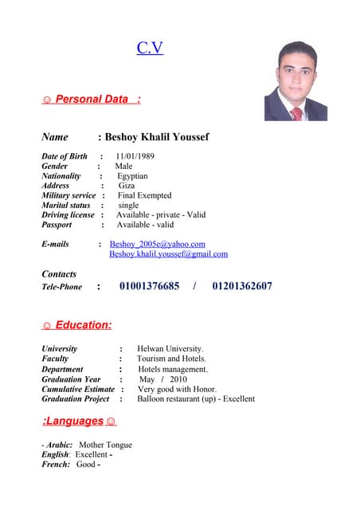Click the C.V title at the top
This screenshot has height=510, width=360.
[x=150, y=48]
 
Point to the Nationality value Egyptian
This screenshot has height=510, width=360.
[x=132, y=176]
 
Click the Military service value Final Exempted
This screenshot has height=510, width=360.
[x=144, y=195]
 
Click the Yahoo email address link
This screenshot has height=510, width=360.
[x=158, y=244]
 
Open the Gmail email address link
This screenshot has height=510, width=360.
[x=168, y=254]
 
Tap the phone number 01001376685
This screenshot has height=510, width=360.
[x=149, y=286]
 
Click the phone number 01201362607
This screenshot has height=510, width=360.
[x=242, y=286]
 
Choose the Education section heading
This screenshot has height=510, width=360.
[x=76, y=325]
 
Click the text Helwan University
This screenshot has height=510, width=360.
[x=170, y=349]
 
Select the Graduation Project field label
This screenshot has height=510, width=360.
[x=76, y=398]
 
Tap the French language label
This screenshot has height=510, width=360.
[x=56, y=464]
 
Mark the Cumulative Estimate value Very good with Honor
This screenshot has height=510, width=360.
[x=177, y=389]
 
